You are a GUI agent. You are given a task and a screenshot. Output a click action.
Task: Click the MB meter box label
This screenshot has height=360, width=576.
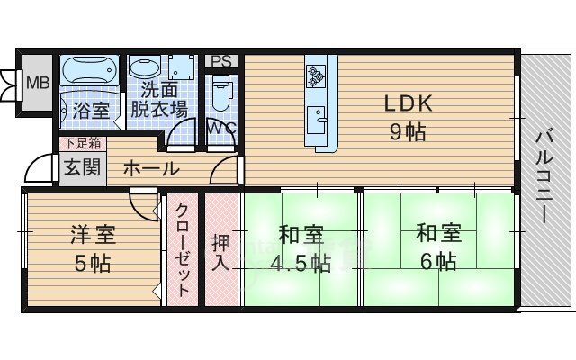[37, 84]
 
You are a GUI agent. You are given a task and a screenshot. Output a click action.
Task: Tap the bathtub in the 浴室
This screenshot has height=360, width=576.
[86, 71]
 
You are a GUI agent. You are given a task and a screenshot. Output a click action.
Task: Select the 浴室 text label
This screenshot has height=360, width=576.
[91, 112]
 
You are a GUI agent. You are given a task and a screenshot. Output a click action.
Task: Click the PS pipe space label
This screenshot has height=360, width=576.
[222, 61]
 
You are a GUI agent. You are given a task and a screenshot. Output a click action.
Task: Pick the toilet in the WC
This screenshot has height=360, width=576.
[222, 92]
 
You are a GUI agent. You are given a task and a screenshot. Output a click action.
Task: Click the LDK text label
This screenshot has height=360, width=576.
[410, 103]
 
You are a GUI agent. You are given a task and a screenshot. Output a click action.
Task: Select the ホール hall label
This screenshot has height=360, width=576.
[149, 168]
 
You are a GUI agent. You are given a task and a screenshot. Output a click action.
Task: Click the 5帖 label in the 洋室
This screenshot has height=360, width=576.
[92, 264]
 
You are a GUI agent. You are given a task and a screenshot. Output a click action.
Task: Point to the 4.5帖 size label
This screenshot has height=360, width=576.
[301, 263]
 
